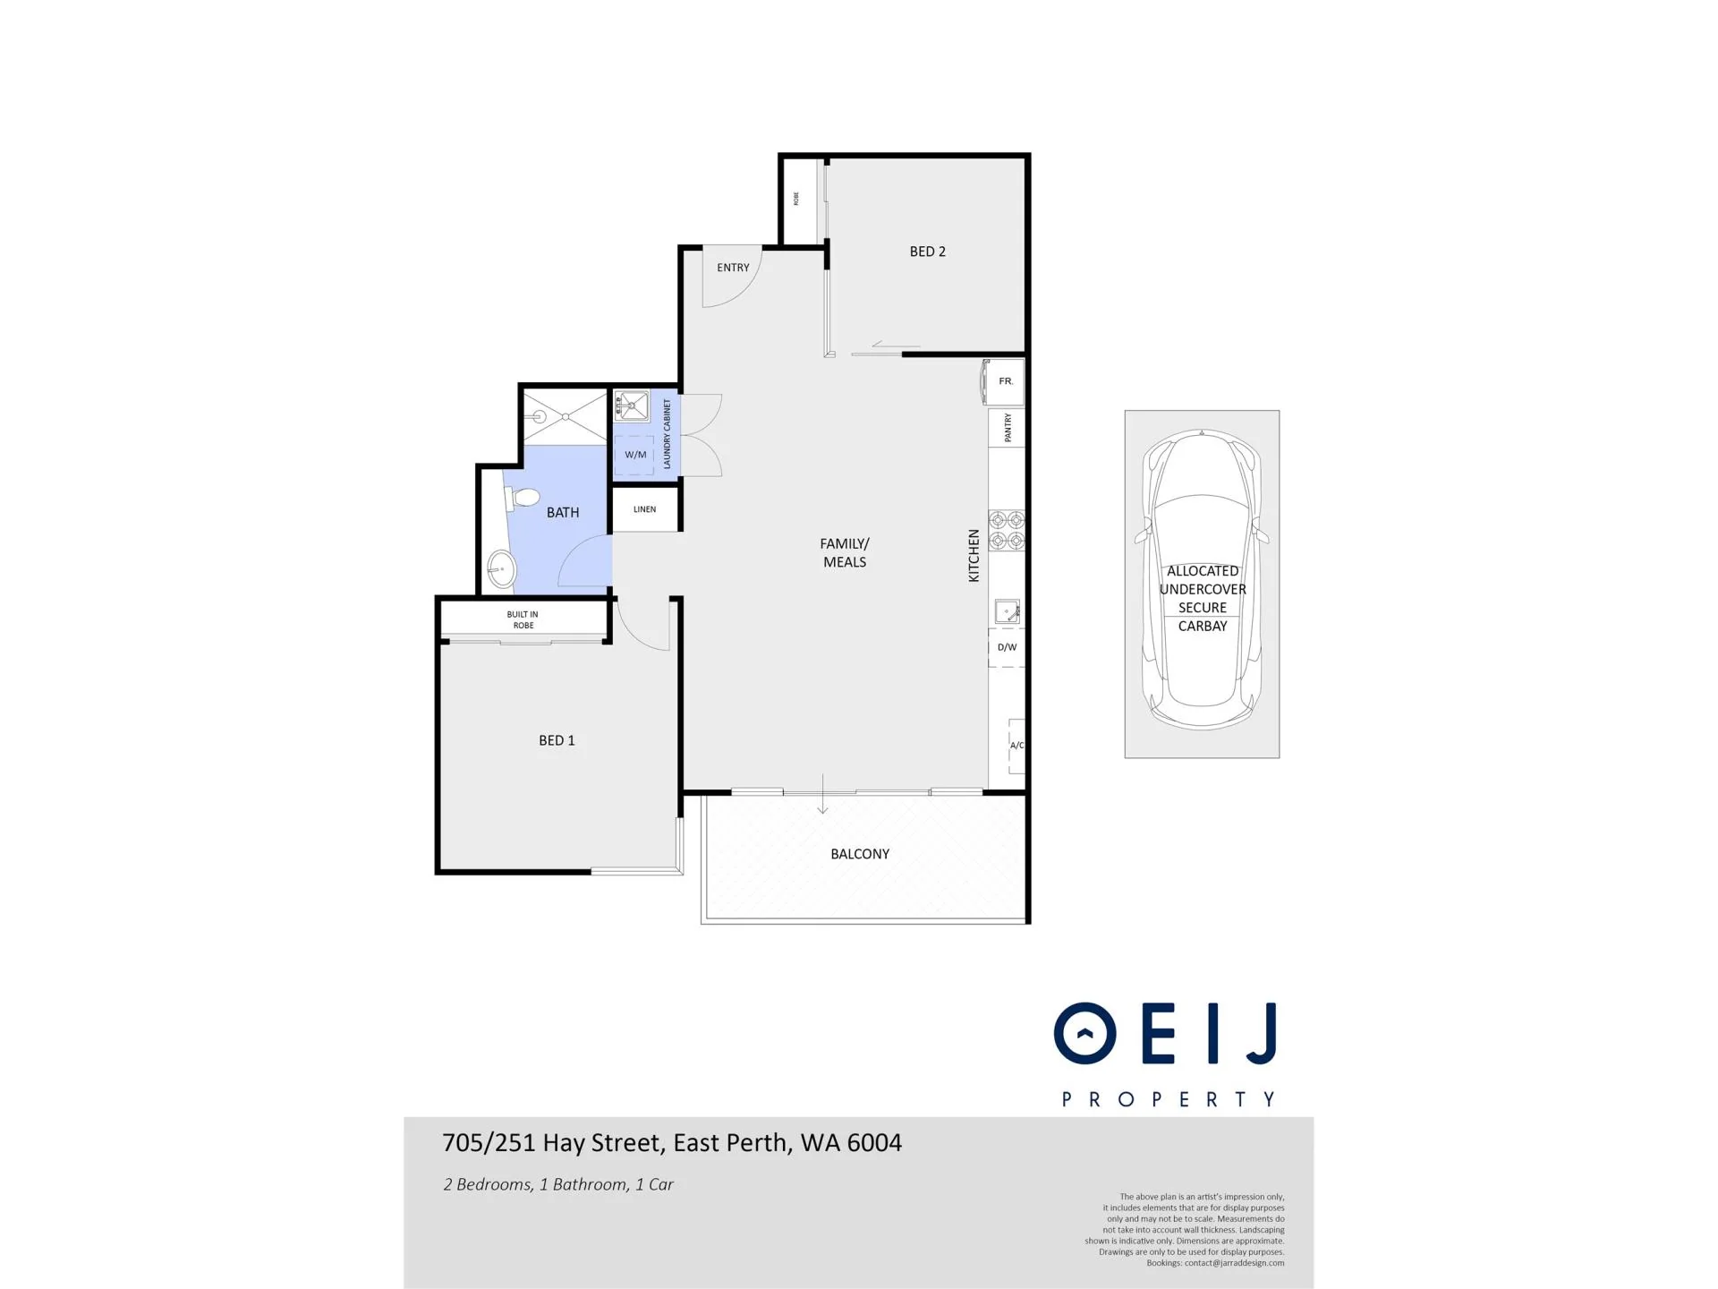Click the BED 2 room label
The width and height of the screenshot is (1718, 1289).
[927, 252]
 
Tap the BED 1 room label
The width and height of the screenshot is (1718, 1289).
[557, 740]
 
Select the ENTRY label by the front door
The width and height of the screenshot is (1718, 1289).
[733, 268]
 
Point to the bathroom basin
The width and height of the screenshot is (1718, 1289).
[501, 568]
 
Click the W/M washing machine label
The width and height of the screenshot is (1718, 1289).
[635, 455]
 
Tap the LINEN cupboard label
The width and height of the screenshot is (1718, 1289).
[644, 509]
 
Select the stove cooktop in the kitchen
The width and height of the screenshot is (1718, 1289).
[1007, 530]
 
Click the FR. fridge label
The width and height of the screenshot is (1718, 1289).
[1006, 381]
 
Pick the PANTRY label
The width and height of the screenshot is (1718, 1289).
[1008, 428]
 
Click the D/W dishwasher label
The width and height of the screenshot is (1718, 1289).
[1007, 647]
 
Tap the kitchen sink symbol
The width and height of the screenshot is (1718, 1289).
[1008, 612]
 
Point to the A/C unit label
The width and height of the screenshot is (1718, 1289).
[1016, 745]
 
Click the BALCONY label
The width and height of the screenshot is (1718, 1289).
[860, 854]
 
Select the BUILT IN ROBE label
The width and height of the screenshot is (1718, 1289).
[523, 619]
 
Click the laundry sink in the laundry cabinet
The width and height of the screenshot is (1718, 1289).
[632, 405]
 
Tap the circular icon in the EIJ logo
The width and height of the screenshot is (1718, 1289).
[1084, 1033]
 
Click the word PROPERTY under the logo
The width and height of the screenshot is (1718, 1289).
[1169, 1099]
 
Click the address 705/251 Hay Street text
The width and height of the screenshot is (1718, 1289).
[553, 1143]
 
